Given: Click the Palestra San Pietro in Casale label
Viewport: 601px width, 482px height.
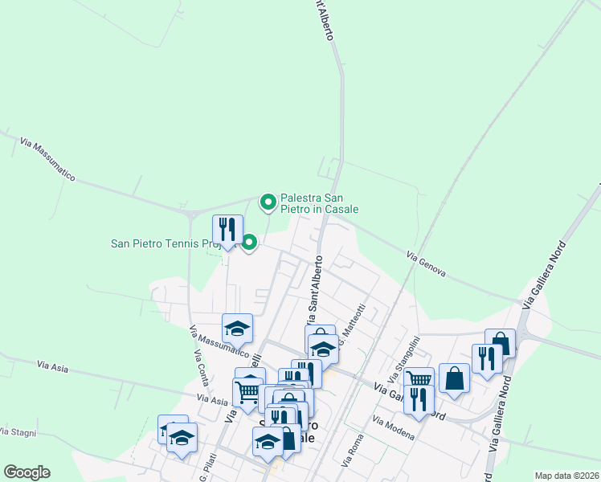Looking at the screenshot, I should coord(319,203).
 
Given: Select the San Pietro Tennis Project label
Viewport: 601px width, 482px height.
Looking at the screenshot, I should coord(172,243).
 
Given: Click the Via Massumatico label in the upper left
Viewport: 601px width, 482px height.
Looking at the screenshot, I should coord(48,159).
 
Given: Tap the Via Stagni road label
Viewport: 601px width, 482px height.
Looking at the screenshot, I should coord(18,432).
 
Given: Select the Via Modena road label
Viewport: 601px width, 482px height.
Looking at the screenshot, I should coord(394,428).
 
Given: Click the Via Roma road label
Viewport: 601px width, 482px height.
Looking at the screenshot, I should coord(353,452).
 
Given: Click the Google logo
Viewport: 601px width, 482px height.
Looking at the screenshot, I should coord(27,472).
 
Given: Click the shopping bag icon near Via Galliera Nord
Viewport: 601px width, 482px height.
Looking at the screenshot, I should coord(500,344).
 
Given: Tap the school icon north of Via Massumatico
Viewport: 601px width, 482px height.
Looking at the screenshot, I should coord(237,328).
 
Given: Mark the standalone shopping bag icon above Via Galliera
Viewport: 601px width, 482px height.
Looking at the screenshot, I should coord(454,378).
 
